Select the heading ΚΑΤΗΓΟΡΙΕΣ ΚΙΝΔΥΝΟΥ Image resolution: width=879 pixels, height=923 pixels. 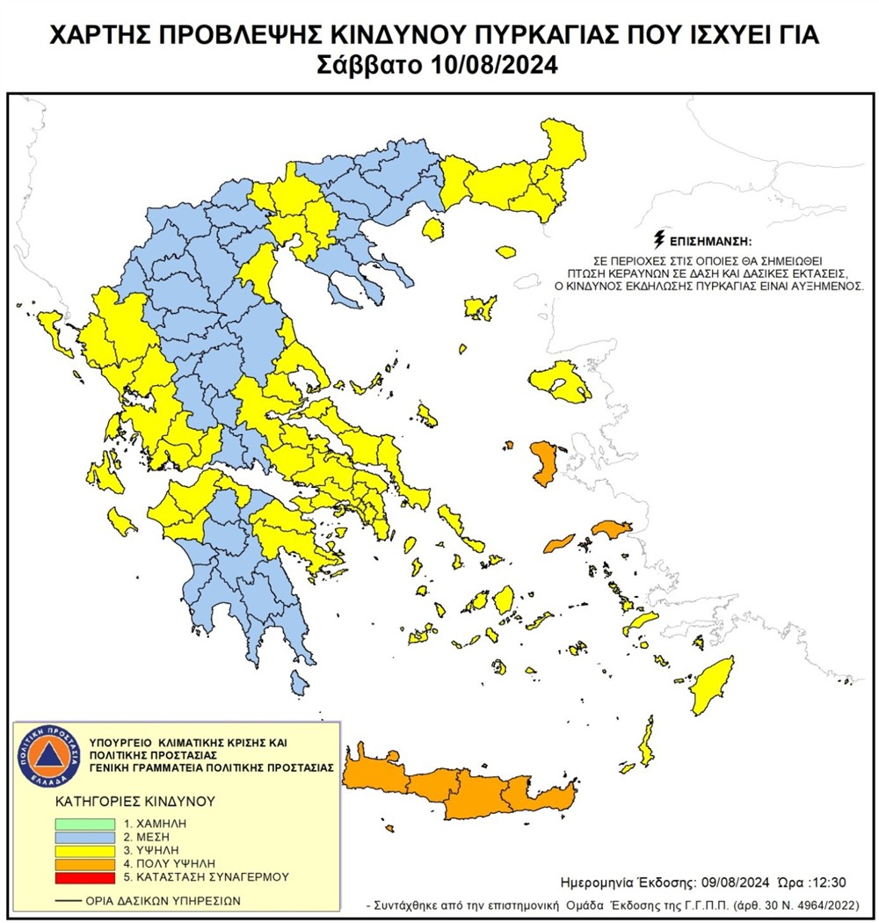click(x=123, y=802)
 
